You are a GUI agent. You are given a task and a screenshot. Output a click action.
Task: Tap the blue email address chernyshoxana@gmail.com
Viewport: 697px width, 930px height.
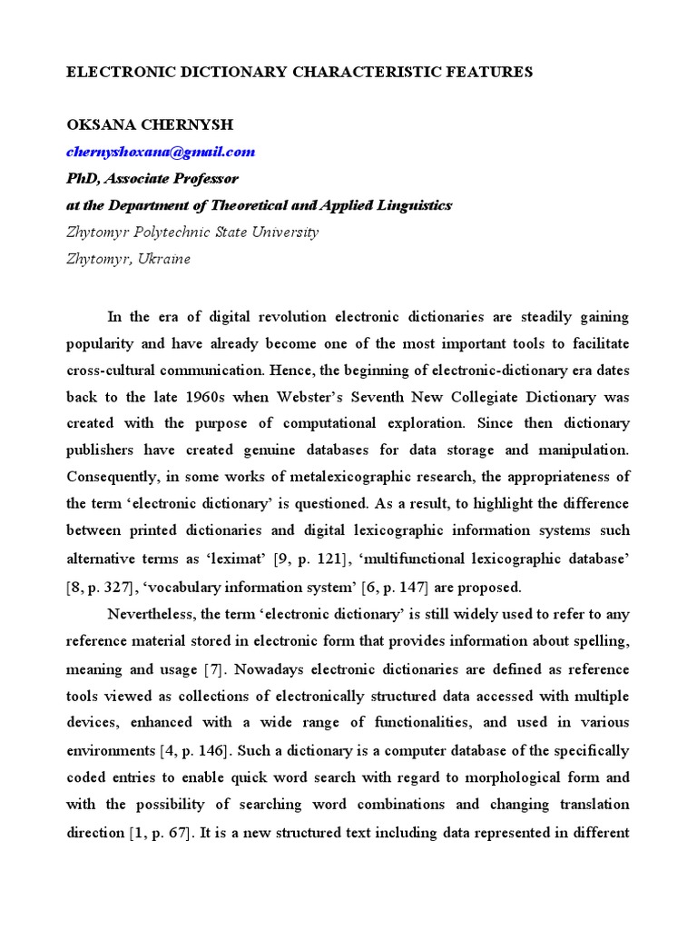coord(161,152)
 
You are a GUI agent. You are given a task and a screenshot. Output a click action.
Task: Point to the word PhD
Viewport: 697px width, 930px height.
coord(81,179)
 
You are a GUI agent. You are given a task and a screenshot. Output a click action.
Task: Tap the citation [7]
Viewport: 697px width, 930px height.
coord(217,668)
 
